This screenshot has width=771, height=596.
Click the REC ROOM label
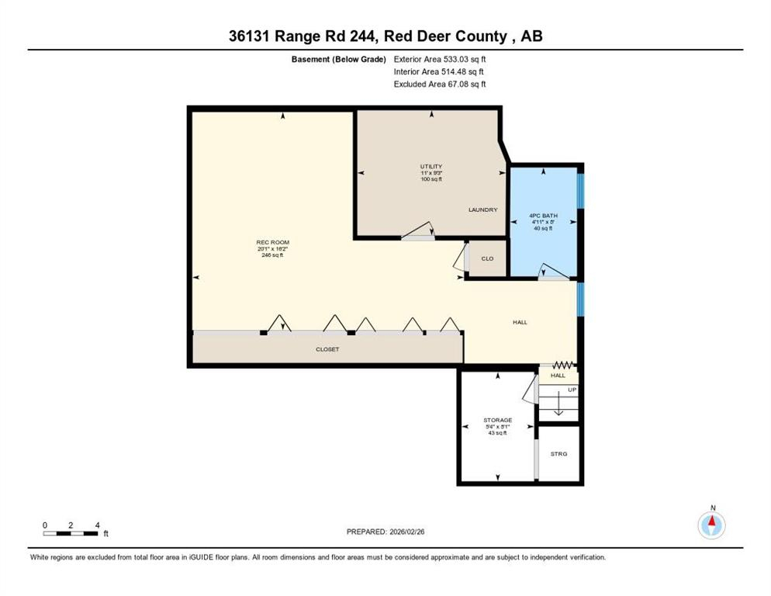[272, 242]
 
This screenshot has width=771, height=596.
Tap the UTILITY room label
[430, 166]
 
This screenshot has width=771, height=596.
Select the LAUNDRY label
[482, 210]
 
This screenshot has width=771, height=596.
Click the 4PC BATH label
[543, 215]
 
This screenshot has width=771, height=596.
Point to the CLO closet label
[487, 258]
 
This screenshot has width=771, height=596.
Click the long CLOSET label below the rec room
[327, 349]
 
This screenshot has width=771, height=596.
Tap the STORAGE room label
[497, 420]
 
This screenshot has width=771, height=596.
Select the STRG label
[558, 453]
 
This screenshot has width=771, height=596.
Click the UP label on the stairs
[572, 389]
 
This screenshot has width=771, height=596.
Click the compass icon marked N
[711, 525]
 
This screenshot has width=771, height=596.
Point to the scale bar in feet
[71, 533]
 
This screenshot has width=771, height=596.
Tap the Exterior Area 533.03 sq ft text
[440, 59]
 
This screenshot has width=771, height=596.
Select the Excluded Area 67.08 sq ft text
[440, 84]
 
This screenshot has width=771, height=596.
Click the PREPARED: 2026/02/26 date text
[385, 532]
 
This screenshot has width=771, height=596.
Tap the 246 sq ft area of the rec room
[272, 255]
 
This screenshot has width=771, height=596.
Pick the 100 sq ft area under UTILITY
[430, 179]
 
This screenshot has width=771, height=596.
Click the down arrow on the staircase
[557, 407]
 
